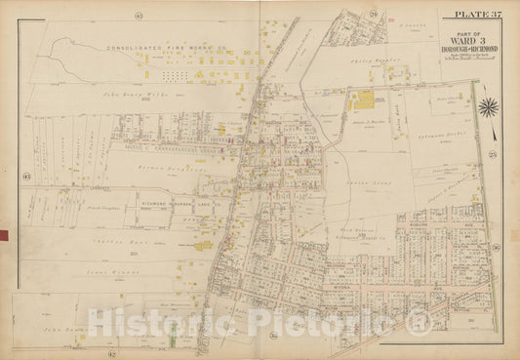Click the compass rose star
(x=490, y=107)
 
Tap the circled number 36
(x=497, y=246)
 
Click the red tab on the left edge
(x=3, y=235)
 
